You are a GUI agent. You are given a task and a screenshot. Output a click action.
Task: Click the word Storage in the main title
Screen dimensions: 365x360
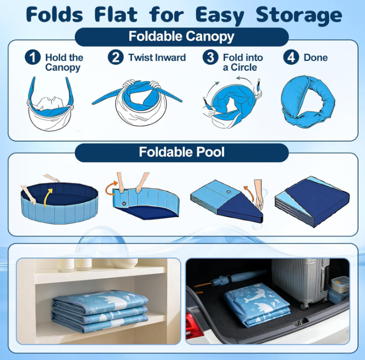(299, 16)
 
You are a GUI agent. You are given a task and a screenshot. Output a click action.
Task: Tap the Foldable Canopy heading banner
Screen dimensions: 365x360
(181, 37)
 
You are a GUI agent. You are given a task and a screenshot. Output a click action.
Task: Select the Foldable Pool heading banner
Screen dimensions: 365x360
(181, 153)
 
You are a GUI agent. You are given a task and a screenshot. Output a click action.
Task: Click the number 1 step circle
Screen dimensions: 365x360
(33, 57)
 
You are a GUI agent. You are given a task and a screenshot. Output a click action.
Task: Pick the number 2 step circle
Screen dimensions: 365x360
(116, 57)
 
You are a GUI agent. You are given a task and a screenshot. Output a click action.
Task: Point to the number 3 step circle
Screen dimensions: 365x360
(210, 57)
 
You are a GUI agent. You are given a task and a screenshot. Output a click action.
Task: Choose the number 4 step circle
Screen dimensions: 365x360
(291, 57)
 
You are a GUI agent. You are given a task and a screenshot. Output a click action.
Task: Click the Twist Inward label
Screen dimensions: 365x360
(157, 58)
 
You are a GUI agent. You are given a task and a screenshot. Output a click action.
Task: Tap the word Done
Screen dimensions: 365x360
(315, 58)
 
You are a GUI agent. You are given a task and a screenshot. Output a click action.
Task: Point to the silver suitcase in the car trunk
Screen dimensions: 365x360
(301, 282)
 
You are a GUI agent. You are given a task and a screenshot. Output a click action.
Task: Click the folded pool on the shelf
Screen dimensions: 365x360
(100, 311)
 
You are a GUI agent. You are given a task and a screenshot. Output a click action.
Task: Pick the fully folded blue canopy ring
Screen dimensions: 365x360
(308, 102)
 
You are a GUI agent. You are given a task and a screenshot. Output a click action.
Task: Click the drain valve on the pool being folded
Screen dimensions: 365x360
(124, 203)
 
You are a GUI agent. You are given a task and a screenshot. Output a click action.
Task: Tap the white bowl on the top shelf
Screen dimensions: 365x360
(124, 262)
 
